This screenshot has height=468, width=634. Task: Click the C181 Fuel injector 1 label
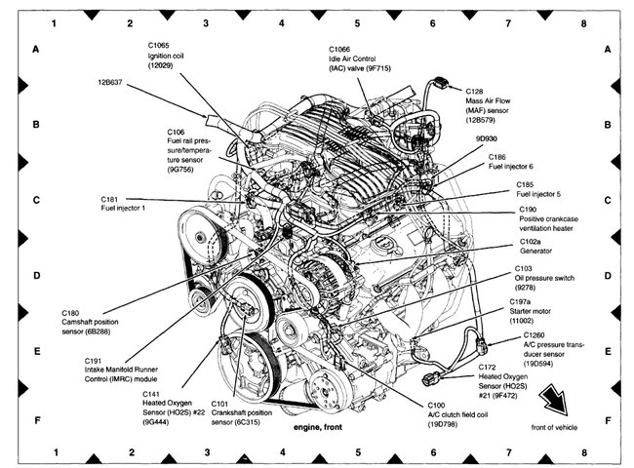(x=125, y=206)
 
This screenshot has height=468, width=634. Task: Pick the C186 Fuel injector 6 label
(x=511, y=161)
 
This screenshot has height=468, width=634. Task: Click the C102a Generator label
(x=536, y=246)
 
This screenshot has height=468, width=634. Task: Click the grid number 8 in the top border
(x=584, y=19)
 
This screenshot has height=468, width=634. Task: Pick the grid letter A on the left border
(x=36, y=50)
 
